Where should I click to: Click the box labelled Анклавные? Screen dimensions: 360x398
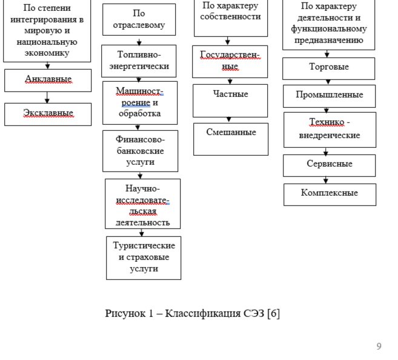point(48,80)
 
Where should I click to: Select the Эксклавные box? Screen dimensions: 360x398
point(48,114)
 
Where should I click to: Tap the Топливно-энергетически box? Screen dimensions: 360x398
point(139,61)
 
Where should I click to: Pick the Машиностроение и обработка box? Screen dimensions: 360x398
point(140,102)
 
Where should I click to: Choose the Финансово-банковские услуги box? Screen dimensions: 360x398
point(140,150)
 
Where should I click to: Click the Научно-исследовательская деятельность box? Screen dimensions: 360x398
point(142,204)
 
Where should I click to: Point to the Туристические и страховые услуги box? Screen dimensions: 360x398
point(144,258)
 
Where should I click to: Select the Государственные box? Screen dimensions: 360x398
point(230,61)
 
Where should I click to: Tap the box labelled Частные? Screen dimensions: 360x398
point(230,100)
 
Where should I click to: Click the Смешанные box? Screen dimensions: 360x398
point(231,139)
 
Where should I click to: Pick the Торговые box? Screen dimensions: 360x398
point(328,68)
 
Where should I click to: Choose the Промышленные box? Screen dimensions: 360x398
point(329,96)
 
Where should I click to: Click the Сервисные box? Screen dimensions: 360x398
point(329,165)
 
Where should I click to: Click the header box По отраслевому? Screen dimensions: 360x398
point(139,19)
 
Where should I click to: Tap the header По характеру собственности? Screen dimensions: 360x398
point(231,12)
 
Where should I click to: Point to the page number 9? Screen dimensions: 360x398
point(379,346)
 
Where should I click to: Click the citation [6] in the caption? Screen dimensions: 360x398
point(273,313)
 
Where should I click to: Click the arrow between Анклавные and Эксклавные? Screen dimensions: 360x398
point(47,97)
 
